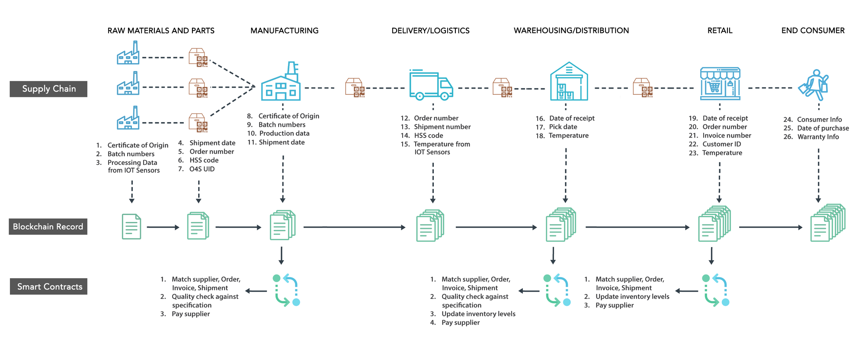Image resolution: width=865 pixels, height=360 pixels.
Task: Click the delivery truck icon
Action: pyautogui.click(x=431, y=85)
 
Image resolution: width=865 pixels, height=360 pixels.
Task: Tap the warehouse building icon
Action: pyautogui.click(x=569, y=81)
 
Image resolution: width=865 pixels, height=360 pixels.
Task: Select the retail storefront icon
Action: pyautogui.click(x=720, y=84)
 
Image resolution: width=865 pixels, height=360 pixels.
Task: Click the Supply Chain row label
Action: pyautogui.click(x=48, y=89)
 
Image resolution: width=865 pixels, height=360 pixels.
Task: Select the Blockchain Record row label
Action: pyautogui.click(x=48, y=227)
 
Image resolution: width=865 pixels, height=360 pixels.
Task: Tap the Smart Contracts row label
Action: pyautogui.click(x=49, y=286)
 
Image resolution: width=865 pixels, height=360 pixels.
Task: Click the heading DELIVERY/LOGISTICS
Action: pyautogui.click(x=430, y=31)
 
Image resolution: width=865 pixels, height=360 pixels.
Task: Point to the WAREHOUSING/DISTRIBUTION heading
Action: pyautogui.click(x=571, y=31)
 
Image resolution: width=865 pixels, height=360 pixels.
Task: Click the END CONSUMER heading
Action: pyautogui.click(x=813, y=31)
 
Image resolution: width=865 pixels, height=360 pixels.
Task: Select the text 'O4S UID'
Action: pyautogui.click(x=202, y=169)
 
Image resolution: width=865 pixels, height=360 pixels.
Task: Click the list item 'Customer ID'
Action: pyautogui.click(x=721, y=144)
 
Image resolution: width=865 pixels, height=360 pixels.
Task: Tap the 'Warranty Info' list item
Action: pyautogui.click(x=818, y=137)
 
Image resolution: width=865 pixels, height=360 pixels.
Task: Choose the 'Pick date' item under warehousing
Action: pyautogui.click(x=563, y=127)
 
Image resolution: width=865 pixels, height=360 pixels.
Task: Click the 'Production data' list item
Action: pyautogui.click(x=284, y=133)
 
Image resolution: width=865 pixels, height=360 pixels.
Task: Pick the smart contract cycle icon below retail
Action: pyautogui.click(x=716, y=290)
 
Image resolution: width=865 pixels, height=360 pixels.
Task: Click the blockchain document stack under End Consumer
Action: pyautogui.click(x=827, y=222)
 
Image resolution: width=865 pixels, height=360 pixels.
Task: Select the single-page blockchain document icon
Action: pyautogui.click(x=131, y=226)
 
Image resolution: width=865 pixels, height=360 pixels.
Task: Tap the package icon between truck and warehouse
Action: pyautogui.click(x=503, y=88)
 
